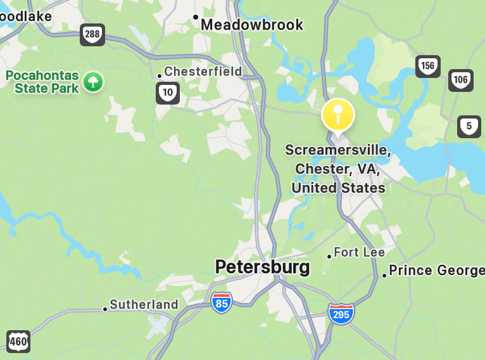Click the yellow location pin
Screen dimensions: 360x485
[x=338, y=116]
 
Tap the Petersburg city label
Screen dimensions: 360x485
[x=262, y=267]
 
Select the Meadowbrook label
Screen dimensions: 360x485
[x=252, y=25]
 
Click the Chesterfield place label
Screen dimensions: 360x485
[x=203, y=72]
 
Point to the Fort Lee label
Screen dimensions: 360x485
[x=359, y=252]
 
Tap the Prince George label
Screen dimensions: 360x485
[x=436, y=271]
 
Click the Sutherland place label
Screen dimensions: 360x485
[x=144, y=305]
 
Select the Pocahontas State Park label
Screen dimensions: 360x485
[x=42, y=82]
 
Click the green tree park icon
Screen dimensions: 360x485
[x=93, y=81]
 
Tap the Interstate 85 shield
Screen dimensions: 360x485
[x=222, y=302]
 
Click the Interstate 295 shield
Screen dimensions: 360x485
[x=341, y=313]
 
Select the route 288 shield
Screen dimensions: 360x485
[x=92, y=34]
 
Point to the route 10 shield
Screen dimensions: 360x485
[x=168, y=93]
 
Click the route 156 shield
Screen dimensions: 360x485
[x=428, y=66]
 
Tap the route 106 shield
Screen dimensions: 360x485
[x=461, y=80]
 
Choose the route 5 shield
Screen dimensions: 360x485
[x=469, y=127]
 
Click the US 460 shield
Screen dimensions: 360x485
[x=18, y=341]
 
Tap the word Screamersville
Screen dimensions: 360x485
[x=337, y=151]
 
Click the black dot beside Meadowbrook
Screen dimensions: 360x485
[x=196, y=17]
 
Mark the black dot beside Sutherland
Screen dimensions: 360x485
[x=105, y=309]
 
